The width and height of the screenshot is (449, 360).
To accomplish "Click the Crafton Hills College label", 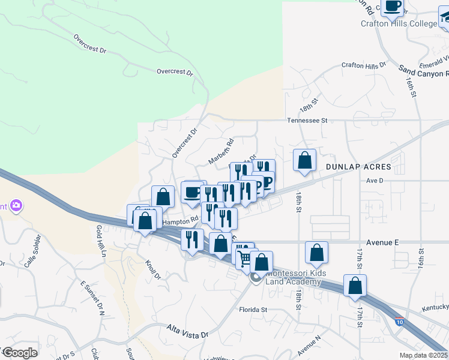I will point(399,24).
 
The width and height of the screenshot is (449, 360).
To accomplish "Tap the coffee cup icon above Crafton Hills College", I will point(392,7).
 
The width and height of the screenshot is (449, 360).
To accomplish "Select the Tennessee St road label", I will point(307,120).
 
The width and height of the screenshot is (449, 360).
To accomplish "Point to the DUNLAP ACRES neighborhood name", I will point(358,166).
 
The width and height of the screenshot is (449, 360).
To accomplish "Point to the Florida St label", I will point(252,310).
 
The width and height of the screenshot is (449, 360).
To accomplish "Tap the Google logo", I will point(20,352).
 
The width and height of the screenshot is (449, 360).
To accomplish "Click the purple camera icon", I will point(16,206).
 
